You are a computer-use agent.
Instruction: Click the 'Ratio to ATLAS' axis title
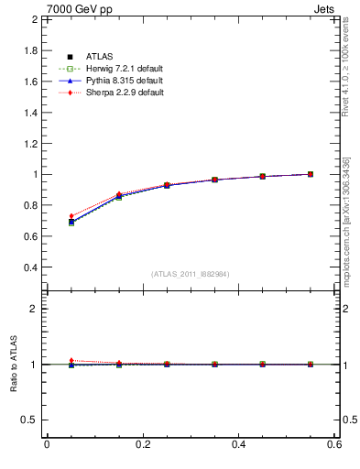(12, 364)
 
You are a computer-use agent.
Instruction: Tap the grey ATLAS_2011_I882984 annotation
(191, 274)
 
